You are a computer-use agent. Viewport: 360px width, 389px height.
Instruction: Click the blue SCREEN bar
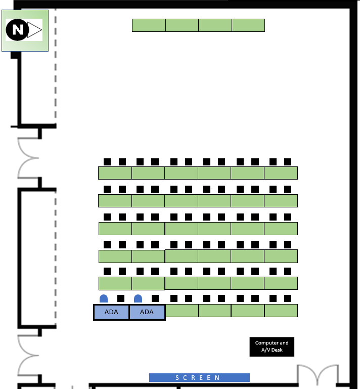199,377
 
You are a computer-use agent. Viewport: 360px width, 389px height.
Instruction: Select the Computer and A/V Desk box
272,347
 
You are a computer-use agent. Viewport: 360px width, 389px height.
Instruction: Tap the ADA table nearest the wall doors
111,312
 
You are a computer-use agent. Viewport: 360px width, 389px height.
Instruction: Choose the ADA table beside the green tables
147,312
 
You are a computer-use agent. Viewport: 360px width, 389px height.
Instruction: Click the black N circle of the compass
17,30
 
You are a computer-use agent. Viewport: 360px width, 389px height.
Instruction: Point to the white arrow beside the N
34,30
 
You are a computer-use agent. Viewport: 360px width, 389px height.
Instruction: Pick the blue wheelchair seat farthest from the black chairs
104,298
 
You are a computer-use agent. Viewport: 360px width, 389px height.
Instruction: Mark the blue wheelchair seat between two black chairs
138,298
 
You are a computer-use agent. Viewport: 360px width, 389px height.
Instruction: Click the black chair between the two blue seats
121,298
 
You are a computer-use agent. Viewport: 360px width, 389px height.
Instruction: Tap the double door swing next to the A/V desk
318,372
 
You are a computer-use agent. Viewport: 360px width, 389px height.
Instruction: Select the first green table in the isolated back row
149,25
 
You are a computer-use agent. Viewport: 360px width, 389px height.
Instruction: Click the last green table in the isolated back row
248,25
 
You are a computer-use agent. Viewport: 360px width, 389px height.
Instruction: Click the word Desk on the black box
277,350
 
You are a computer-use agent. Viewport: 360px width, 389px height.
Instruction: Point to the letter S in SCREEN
177,377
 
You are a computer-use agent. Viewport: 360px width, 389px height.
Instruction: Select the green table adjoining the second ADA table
182,311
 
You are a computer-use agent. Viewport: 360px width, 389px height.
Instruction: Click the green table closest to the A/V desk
281,311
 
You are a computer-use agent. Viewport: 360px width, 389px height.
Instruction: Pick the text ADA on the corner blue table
111,312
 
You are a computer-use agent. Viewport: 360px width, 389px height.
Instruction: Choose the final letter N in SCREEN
217,377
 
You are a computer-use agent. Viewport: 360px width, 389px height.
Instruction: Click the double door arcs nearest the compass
28,158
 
